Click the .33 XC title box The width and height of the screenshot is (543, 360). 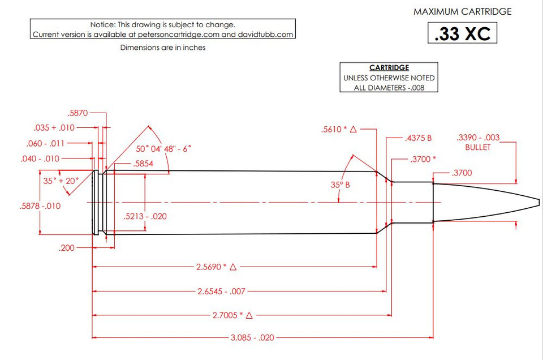tap(462, 33)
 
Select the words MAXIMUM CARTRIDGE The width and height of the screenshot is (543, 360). tap(462, 11)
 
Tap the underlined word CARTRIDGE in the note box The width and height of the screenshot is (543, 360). tap(389, 67)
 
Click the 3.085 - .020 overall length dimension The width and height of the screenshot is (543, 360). tap(252, 337)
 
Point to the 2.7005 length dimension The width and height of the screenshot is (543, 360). tap(232, 315)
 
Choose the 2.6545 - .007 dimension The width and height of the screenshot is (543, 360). tap(221, 292)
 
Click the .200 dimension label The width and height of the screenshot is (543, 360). tap(67, 248)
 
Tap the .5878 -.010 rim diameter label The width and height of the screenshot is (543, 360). tap(40, 206)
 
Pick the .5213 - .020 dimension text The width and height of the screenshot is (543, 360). tap(145, 216)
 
